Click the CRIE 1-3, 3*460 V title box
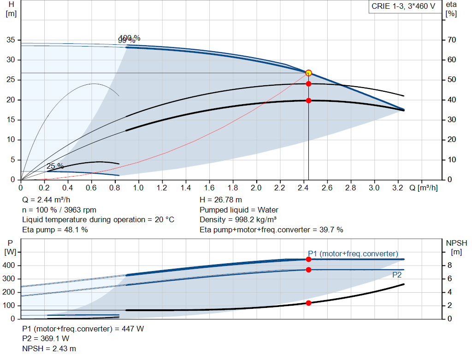coord(403,6)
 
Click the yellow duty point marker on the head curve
coord(308,73)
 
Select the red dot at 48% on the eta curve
coord(308,84)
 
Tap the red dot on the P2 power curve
coord(308,270)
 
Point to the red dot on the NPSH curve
coord(308,303)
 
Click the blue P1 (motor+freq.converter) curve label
coord(353,254)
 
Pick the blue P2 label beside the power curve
coord(396,275)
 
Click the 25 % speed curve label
coord(55,166)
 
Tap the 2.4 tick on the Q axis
coord(303,188)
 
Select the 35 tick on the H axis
coord(12,40)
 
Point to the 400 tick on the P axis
coord(10,266)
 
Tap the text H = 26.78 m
coord(221,200)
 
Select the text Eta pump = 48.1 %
coord(55,230)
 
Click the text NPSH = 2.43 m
coord(49,348)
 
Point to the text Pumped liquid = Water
coord(239,210)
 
